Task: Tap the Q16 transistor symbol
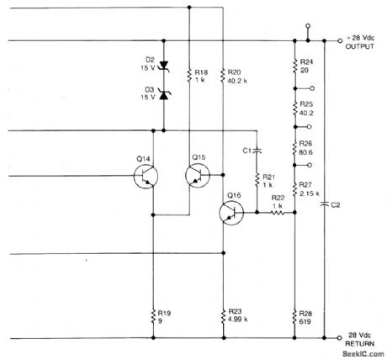pos(231,213)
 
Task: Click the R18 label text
pos(199,71)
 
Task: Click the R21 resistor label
pos(270,177)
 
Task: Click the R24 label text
pos(305,63)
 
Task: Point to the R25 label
pos(305,103)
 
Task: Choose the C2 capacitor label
pos(336,204)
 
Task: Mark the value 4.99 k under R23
pos(239,320)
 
